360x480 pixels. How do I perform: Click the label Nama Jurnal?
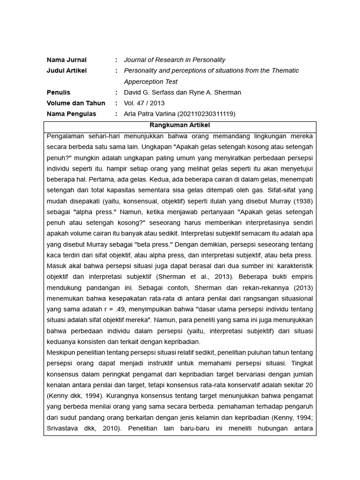pos(67,60)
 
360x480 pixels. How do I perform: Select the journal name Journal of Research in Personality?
pos(174,60)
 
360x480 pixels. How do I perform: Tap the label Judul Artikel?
pos(67,71)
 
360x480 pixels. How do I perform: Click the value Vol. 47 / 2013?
pos(144,103)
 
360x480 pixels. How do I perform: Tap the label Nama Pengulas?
pos(71,114)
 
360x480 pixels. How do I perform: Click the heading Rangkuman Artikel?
pos(180,126)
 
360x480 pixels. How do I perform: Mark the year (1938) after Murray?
pos(303,201)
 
